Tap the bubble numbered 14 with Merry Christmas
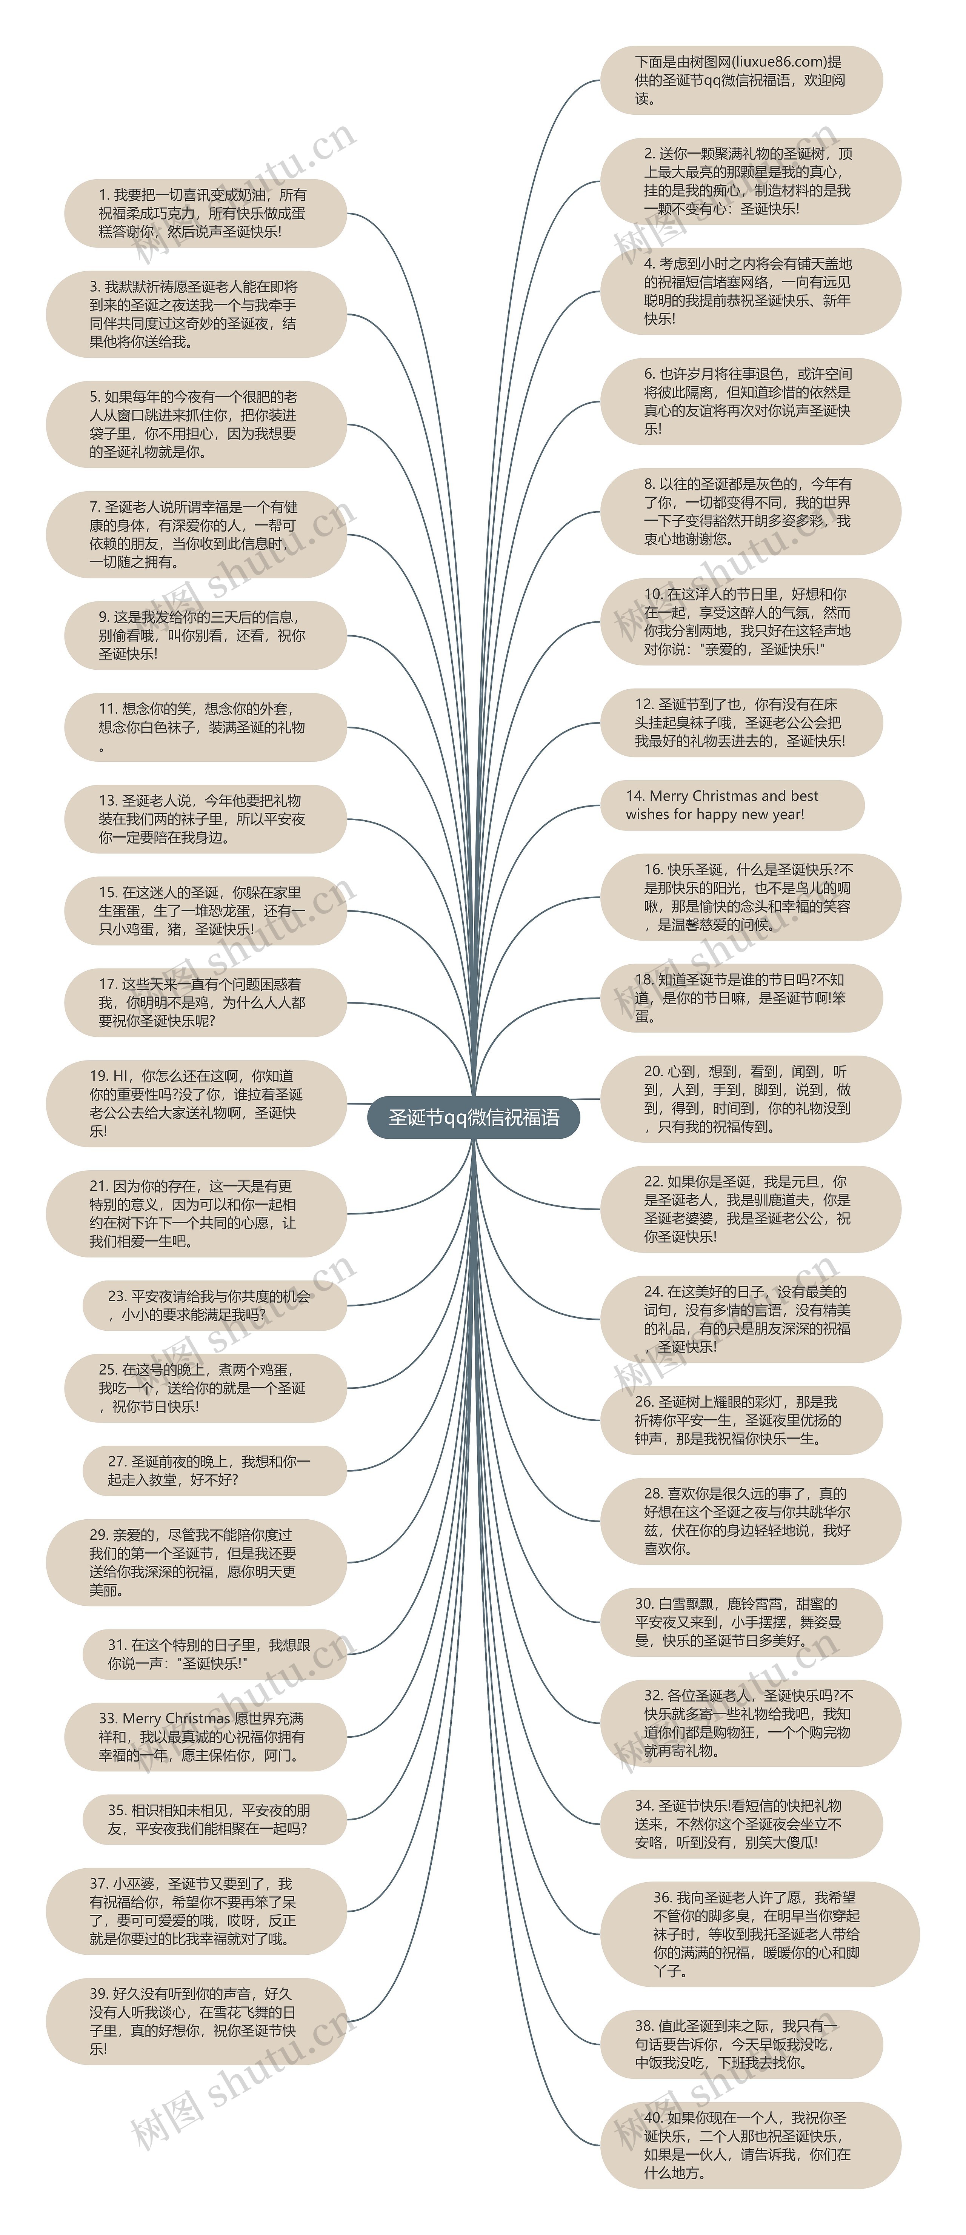(x=732, y=805)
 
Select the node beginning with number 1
(x=205, y=214)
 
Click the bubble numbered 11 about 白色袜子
(x=205, y=727)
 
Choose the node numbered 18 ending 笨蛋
(x=740, y=998)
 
